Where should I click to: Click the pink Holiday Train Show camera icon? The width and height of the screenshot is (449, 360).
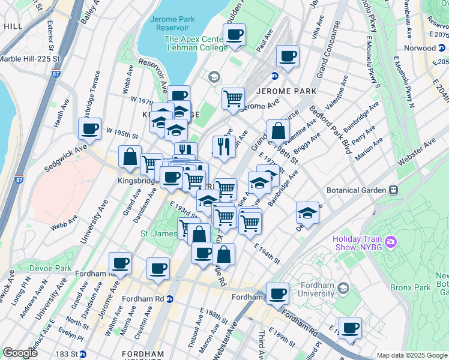tap(391, 242)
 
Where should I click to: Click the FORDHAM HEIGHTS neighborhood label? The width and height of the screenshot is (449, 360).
tap(142, 354)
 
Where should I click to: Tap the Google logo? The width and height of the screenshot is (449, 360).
tap(20, 353)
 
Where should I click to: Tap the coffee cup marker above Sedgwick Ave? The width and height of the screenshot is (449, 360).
tap(90, 128)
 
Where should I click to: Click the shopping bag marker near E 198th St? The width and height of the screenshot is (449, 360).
tap(279, 131)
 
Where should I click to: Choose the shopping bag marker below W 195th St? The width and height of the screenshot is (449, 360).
tap(130, 157)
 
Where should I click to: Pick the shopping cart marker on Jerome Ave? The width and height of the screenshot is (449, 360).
tap(233, 97)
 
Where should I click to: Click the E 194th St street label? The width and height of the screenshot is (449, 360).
tap(267, 254)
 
